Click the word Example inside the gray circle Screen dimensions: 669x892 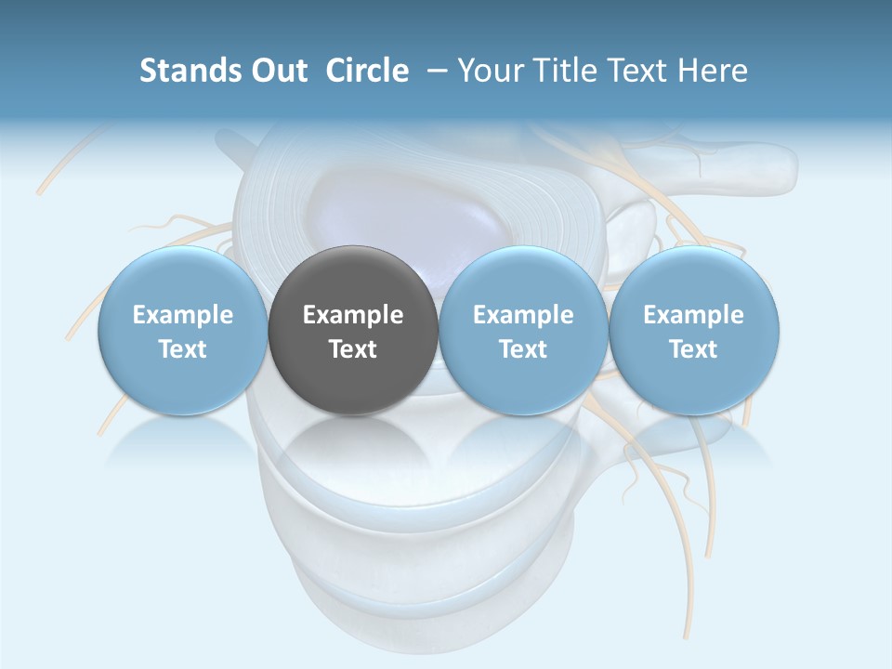[x=353, y=315]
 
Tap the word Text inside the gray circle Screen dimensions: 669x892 [x=353, y=349]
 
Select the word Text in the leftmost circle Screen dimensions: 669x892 [x=182, y=349]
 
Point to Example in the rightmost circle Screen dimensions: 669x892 [x=694, y=315]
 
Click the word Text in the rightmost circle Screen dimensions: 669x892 [x=694, y=349]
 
